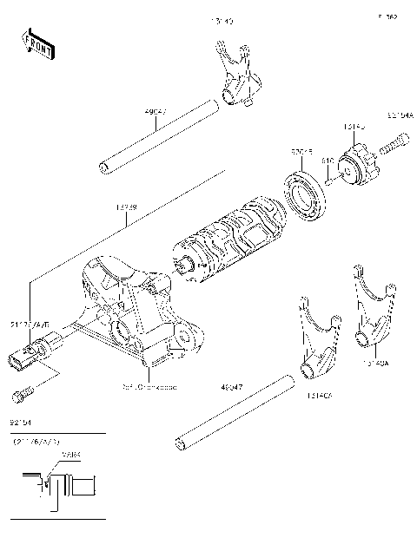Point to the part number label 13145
354,128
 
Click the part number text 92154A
400,114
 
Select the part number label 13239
127,209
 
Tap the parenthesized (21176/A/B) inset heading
32,443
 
